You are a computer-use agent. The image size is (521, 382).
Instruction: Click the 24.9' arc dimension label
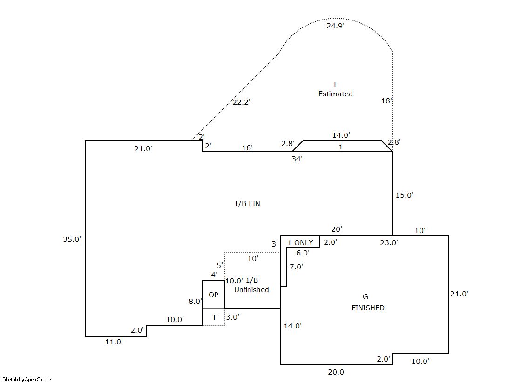(335, 26)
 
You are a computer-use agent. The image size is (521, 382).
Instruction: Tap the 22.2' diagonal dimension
(241, 102)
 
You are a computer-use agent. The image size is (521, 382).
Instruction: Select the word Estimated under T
(335, 94)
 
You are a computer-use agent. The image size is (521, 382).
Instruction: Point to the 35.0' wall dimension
(72, 239)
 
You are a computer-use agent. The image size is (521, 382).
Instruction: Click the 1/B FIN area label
(247, 204)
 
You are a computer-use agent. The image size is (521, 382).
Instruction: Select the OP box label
(213, 295)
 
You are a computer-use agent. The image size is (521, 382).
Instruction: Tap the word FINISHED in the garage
(368, 308)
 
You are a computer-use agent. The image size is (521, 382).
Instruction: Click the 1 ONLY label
(300, 243)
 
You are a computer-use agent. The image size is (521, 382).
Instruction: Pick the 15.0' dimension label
(404, 195)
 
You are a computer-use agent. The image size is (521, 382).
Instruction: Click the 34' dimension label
(297, 159)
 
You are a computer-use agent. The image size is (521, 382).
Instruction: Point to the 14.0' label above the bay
(341, 135)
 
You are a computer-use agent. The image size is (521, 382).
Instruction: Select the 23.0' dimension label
(389, 242)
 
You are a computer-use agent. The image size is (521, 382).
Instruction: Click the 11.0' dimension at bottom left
(114, 342)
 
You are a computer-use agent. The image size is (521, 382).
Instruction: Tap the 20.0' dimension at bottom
(337, 372)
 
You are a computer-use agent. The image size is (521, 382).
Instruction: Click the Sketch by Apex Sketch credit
(27, 379)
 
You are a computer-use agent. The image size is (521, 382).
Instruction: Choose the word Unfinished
(251, 290)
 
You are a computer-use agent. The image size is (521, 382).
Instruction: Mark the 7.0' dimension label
(296, 267)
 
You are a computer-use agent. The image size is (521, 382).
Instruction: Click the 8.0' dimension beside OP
(195, 302)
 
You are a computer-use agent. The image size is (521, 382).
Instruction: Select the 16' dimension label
(247, 148)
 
